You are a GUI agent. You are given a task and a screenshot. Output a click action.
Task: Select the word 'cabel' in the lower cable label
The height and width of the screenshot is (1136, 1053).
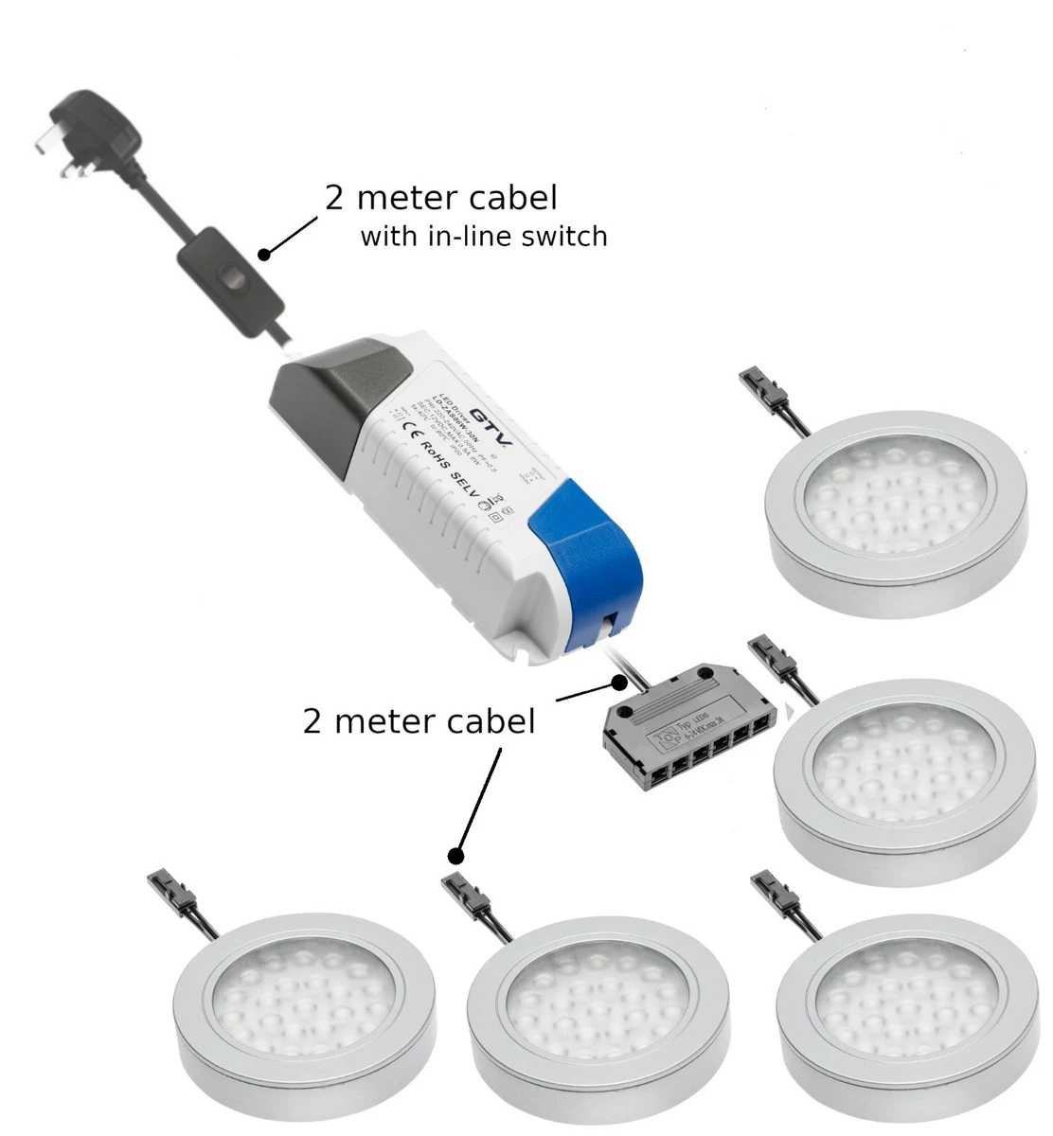click(489, 721)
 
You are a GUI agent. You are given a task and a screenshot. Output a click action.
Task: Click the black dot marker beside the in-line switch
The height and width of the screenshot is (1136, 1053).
click(265, 254)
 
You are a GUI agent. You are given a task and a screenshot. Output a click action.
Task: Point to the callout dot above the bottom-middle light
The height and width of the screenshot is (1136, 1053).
click(455, 855)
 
